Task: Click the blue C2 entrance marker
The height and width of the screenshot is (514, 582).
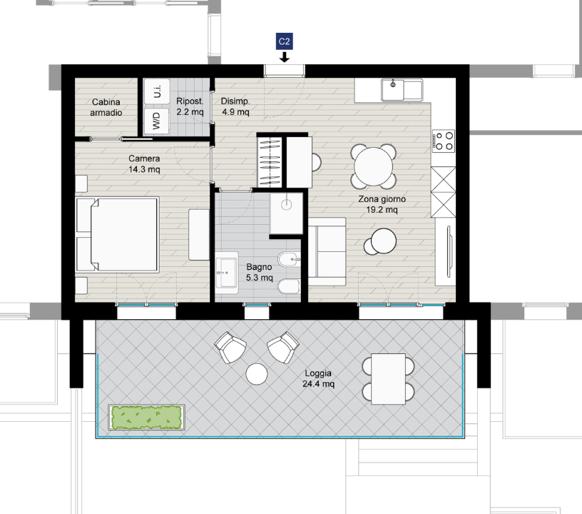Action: (285, 41)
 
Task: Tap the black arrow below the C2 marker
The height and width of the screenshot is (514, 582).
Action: (285, 57)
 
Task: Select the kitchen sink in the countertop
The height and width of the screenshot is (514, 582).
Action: (402, 89)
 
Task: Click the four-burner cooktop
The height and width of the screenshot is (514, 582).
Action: (444, 141)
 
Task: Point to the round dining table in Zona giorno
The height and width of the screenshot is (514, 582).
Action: (374, 166)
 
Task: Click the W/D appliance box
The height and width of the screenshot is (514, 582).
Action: (157, 121)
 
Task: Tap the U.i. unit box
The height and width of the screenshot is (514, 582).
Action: (157, 91)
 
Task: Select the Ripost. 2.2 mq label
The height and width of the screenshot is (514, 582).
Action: (190, 106)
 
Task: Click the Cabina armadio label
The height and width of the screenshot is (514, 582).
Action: (106, 107)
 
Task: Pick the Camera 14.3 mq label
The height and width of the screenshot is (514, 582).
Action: (144, 163)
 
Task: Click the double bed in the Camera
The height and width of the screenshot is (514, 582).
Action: (117, 235)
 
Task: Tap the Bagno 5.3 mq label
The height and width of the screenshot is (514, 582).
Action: (259, 272)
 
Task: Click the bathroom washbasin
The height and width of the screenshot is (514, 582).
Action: (227, 273)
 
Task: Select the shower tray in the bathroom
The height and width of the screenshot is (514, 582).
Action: (287, 213)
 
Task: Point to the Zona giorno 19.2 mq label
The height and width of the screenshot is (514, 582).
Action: (382, 204)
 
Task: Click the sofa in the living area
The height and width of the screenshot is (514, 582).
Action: (327, 252)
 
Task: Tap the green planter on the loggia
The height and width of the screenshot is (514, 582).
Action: (147, 418)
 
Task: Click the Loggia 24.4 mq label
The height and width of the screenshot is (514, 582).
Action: (318, 378)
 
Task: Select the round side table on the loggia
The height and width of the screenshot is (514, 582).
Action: (257, 373)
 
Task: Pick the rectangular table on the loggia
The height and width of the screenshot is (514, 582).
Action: (388, 379)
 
